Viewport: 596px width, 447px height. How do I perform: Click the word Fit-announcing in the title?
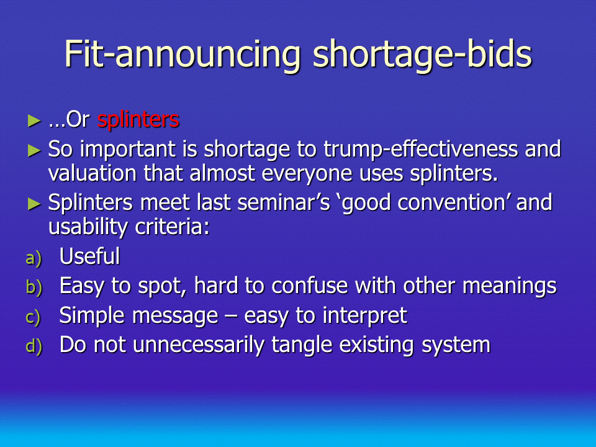point(183,55)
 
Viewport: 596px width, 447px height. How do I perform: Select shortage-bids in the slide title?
point(422,55)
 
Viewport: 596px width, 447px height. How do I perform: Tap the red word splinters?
point(138,120)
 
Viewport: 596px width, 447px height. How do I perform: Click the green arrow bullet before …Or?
point(34,121)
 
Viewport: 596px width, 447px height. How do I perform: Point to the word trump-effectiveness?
point(421,149)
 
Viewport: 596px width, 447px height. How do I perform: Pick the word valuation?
point(93,173)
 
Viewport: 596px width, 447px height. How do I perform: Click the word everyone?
point(307,174)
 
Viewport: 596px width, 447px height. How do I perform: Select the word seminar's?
point(284,202)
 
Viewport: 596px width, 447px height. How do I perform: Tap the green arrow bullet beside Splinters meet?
point(34,204)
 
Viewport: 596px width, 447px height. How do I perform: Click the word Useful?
point(89,256)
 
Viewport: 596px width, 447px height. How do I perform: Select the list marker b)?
point(34,287)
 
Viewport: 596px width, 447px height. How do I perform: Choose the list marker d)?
point(34,346)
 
